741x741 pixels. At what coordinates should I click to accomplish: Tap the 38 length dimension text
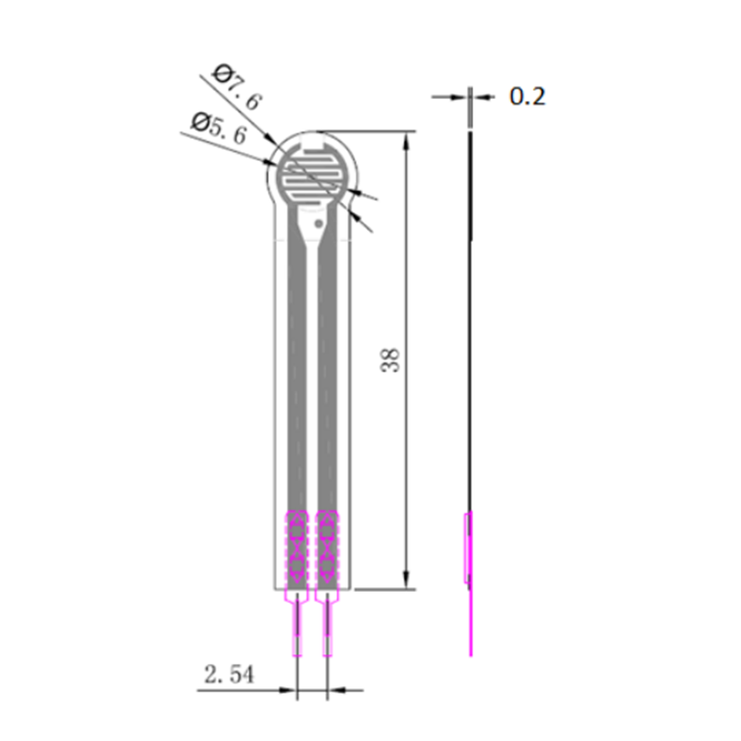tap(392, 359)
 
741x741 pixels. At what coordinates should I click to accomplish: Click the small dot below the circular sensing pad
tap(319, 222)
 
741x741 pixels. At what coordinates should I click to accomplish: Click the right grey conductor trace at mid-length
tap(326, 370)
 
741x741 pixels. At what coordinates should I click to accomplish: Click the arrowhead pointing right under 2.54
tap(290, 690)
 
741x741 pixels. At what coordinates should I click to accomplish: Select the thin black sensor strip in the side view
tap(471, 324)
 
